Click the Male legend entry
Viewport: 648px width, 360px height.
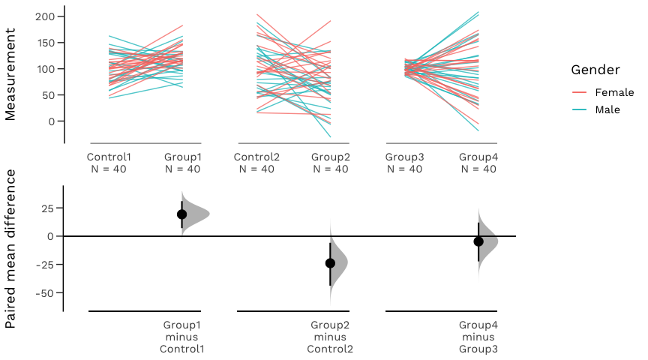pos(607,109)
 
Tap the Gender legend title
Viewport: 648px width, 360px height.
pos(595,70)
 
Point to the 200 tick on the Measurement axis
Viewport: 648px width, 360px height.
pos(44,16)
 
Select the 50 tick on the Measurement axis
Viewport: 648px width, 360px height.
pos(47,95)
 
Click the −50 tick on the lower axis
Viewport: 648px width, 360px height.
pos(44,292)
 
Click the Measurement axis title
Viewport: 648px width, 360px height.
pos(10,73)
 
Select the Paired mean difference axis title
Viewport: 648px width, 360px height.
pos(10,249)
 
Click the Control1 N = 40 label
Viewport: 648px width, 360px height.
pos(109,163)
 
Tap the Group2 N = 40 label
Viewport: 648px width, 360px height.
pos(330,163)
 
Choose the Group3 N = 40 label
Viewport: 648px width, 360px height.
pos(404,163)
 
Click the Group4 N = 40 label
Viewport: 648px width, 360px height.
pos(478,163)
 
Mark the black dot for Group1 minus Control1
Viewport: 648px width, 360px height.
pos(181,214)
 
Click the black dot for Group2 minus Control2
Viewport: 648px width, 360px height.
pos(330,263)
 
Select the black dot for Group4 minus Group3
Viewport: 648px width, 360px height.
pos(478,241)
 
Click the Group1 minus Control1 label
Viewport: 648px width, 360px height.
pos(182,337)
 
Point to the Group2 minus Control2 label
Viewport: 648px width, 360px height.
pos(330,337)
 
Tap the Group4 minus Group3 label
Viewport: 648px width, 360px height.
pos(478,337)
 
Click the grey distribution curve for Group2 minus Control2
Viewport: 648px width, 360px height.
pos(340,263)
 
